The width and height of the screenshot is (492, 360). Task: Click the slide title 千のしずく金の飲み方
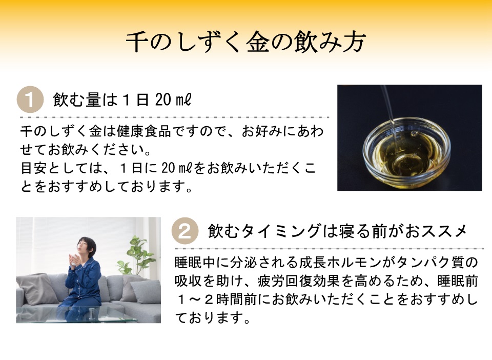[x=246, y=43]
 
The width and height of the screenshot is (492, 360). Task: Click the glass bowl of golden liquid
[x=405, y=149]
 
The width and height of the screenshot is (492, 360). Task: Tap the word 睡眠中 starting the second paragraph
[x=193, y=263]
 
